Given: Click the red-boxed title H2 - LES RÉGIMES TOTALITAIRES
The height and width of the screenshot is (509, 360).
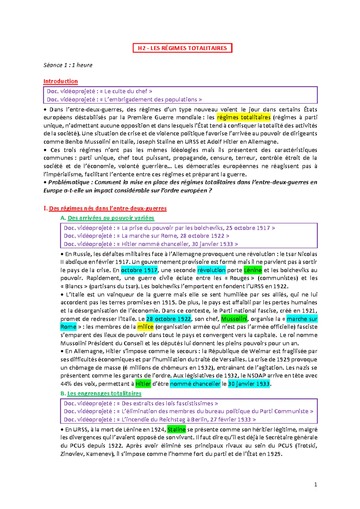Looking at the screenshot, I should click(x=182, y=48).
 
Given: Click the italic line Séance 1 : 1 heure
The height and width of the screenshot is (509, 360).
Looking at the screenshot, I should click(x=68, y=65).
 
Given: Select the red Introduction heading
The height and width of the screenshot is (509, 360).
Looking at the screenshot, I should click(x=60, y=81).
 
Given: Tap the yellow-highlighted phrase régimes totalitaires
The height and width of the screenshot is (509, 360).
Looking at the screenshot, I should click(x=244, y=117).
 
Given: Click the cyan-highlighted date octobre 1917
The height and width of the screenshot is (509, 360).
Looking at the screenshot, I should click(x=139, y=270).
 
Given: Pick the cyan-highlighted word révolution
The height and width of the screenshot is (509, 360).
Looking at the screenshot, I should click(x=211, y=270).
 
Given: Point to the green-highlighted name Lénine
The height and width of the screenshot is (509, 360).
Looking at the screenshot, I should click(x=253, y=270).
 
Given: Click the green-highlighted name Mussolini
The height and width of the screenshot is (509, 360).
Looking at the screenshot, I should click(x=234, y=319).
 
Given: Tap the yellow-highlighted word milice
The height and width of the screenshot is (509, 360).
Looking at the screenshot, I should click(x=145, y=327).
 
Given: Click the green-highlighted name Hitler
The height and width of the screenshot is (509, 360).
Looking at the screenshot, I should click(x=143, y=384).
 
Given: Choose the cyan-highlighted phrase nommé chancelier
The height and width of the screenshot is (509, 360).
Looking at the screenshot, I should click(x=195, y=384).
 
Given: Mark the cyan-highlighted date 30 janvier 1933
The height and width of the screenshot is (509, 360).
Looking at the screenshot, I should click(x=249, y=384).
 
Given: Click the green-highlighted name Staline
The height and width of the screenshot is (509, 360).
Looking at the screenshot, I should click(x=176, y=429).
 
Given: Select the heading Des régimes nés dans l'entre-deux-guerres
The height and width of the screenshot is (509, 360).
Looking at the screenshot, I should click(x=107, y=208).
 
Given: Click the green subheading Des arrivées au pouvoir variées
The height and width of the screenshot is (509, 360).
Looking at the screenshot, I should click(x=111, y=218).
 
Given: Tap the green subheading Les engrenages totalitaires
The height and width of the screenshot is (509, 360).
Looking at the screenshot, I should click(x=104, y=393).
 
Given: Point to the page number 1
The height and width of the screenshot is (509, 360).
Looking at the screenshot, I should click(x=315, y=484).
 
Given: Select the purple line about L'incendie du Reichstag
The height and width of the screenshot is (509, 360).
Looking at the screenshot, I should click(x=160, y=419).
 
